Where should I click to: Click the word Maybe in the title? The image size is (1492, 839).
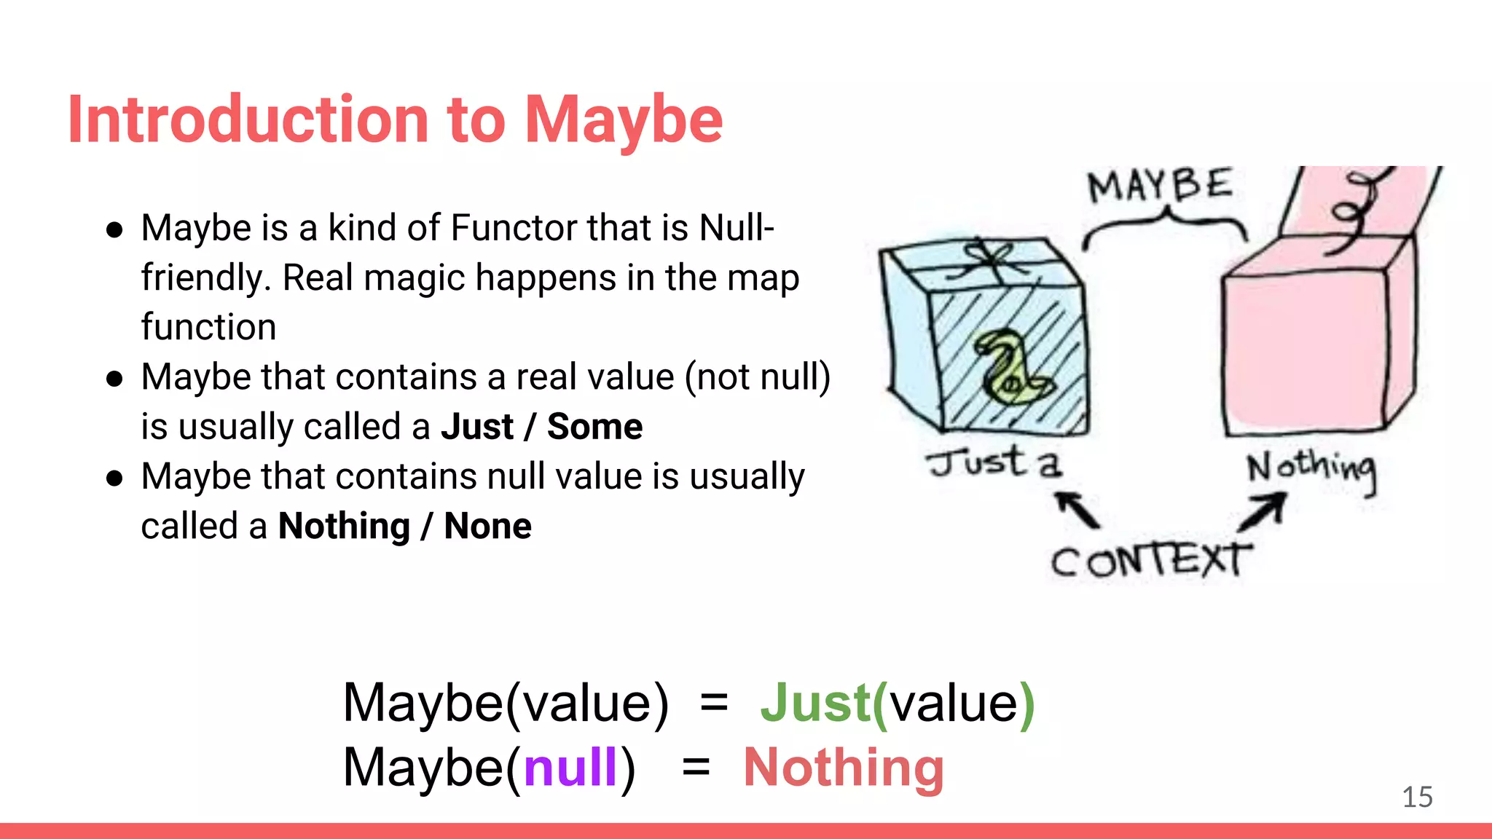coord(624,120)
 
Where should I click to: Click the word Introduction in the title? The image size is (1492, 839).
coord(248,120)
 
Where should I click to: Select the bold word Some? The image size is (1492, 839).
coord(594,427)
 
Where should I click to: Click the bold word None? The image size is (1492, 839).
coord(487,526)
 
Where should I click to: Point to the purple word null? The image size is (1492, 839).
coord(570,768)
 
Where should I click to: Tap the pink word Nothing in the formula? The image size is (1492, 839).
coord(844,768)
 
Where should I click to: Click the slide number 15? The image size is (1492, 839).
coord(1417,797)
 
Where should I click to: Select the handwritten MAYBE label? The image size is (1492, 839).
coord(1160,186)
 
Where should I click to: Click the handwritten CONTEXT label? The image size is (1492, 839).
coord(1151,561)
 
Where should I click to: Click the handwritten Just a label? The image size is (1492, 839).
coord(994,463)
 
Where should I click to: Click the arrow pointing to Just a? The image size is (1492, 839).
coord(1077,508)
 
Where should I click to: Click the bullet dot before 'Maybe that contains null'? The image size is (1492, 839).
coord(114,478)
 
